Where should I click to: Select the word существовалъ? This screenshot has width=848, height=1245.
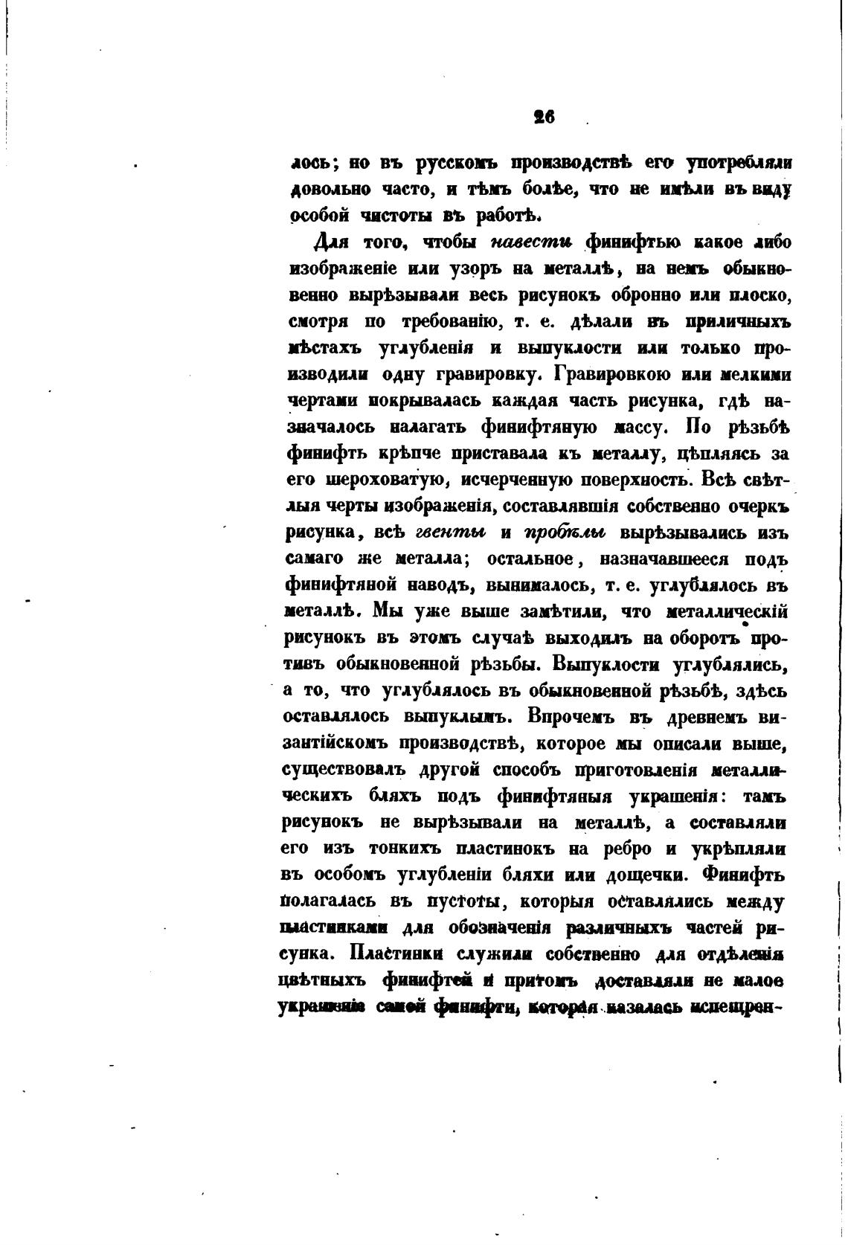pyautogui.click(x=339, y=769)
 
